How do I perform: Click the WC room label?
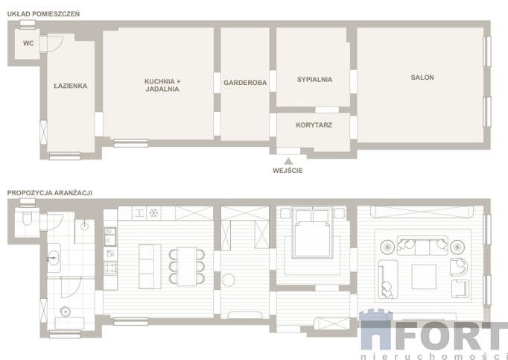click(x=28, y=43)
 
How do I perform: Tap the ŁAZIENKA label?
click(x=70, y=86)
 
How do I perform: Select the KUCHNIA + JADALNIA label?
click(x=162, y=85)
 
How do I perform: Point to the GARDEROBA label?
click(x=245, y=83)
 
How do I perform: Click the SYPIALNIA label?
click(x=314, y=80)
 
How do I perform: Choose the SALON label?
click(x=422, y=78)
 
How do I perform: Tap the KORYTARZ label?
click(x=314, y=125)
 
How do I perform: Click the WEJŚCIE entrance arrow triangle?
click(x=288, y=161)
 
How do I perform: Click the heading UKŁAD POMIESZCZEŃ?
click(x=43, y=14)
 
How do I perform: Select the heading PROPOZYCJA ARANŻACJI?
click(x=50, y=192)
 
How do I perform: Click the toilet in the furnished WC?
click(x=28, y=218)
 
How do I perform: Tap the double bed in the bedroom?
click(x=313, y=233)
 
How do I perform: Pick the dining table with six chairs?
click(x=187, y=266)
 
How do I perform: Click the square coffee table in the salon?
click(x=424, y=277)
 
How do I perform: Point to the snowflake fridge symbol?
click(x=153, y=213)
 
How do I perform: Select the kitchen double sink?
click(x=110, y=236)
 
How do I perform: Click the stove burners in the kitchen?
click(x=110, y=268)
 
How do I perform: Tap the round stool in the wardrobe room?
click(x=229, y=280)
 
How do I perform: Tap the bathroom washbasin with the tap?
click(x=54, y=259)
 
